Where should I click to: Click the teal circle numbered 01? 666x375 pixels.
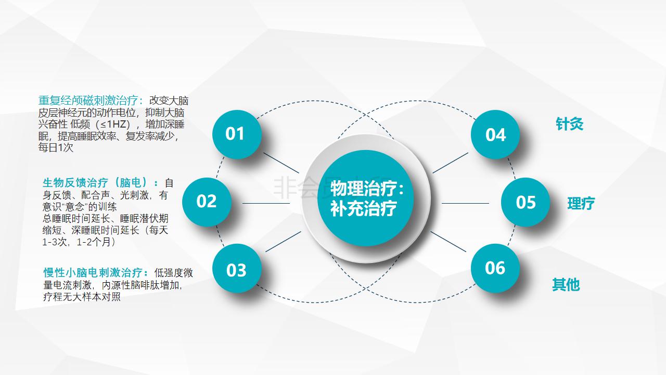click(237, 134)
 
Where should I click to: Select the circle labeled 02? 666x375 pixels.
click(207, 202)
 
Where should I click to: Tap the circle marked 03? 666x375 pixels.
click(237, 268)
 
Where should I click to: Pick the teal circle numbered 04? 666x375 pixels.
click(495, 134)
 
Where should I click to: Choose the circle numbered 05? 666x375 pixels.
click(526, 202)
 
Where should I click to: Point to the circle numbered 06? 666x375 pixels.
click(495, 268)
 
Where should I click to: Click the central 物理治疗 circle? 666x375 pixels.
click(366, 198)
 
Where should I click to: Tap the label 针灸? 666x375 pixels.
click(569, 124)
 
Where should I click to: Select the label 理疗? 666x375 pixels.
click(581, 204)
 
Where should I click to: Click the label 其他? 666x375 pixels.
click(566, 284)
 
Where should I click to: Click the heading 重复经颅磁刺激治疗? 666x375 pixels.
click(88, 101)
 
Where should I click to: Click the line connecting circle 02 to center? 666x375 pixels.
click(266, 203)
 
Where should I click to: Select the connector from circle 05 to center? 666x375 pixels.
click(465, 203)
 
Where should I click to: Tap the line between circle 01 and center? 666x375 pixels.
click(281, 163)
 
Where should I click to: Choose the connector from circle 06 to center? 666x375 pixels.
click(449, 242)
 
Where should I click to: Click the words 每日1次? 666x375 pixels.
click(56, 147)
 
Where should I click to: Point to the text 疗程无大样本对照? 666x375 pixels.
click(82, 297)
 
